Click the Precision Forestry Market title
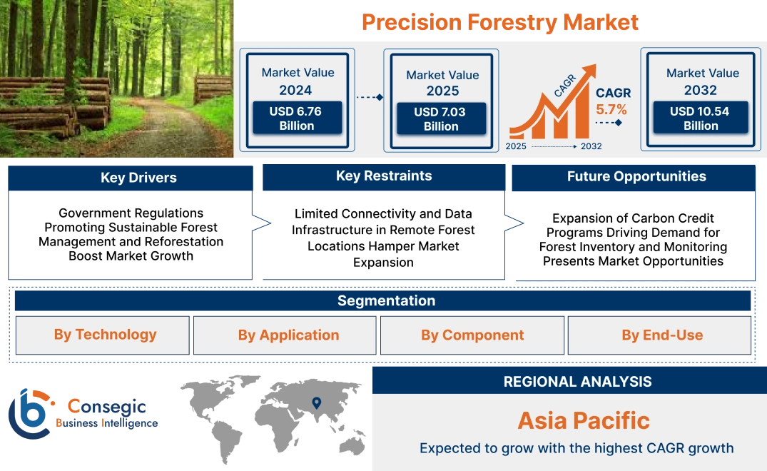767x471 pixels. [499, 22]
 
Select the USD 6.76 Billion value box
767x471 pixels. [297, 118]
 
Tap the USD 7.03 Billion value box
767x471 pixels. [441, 118]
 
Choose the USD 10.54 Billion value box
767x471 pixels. [701, 118]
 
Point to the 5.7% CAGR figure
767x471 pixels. [611, 109]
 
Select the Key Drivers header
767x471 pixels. [138, 178]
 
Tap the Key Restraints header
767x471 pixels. [384, 176]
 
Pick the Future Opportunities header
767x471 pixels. [636, 176]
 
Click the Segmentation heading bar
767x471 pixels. [386, 300]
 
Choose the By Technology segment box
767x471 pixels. [105, 335]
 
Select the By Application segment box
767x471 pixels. [288, 335]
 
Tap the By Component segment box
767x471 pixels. [472, 335]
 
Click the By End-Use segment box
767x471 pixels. [661, 335]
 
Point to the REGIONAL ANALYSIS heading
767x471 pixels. [577, 382]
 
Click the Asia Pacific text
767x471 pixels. [584, 420]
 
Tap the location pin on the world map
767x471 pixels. [316, 403]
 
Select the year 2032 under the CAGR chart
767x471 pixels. [591, 146]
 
